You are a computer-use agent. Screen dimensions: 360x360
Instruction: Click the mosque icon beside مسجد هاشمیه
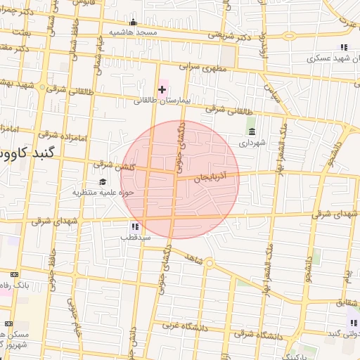[x=134, y=22]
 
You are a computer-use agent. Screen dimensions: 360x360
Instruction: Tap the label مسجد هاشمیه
[x=133, y=33]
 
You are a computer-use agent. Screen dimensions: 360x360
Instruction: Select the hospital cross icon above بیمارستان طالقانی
[x=162, y=89]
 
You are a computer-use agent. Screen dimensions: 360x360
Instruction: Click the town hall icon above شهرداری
[x=252, y=131]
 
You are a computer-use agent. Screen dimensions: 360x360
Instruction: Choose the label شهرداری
[x=252, y=143]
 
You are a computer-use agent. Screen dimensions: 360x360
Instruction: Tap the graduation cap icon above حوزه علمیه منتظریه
[x=102, y=182]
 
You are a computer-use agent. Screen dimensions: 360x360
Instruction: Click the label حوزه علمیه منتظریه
[x=102, y=192]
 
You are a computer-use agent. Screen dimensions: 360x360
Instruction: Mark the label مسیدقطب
[x=135, y=238]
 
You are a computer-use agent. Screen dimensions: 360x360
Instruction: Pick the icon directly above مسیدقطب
[x=134, y=226]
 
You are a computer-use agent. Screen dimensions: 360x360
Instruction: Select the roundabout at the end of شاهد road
[x=209, y=263]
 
